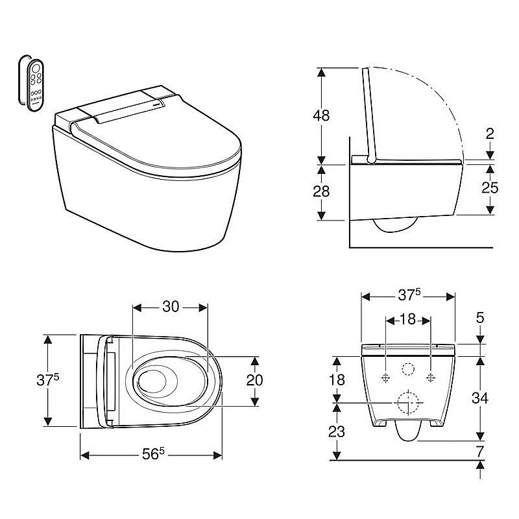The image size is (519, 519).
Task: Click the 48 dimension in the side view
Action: [321, 115]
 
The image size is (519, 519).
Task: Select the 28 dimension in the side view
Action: [321, 191]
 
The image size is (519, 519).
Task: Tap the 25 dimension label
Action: [490, 187]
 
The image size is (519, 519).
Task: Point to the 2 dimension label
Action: [490, 134]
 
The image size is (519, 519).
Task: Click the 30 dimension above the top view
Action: [171, 307]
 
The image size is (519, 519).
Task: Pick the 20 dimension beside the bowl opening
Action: [254, 380]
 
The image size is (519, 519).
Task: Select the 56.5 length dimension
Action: [153, 453]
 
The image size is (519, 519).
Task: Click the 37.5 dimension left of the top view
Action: [47, 380]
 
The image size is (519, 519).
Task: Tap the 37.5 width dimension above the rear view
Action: [409, 295]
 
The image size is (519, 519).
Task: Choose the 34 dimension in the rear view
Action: [480, 398]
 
